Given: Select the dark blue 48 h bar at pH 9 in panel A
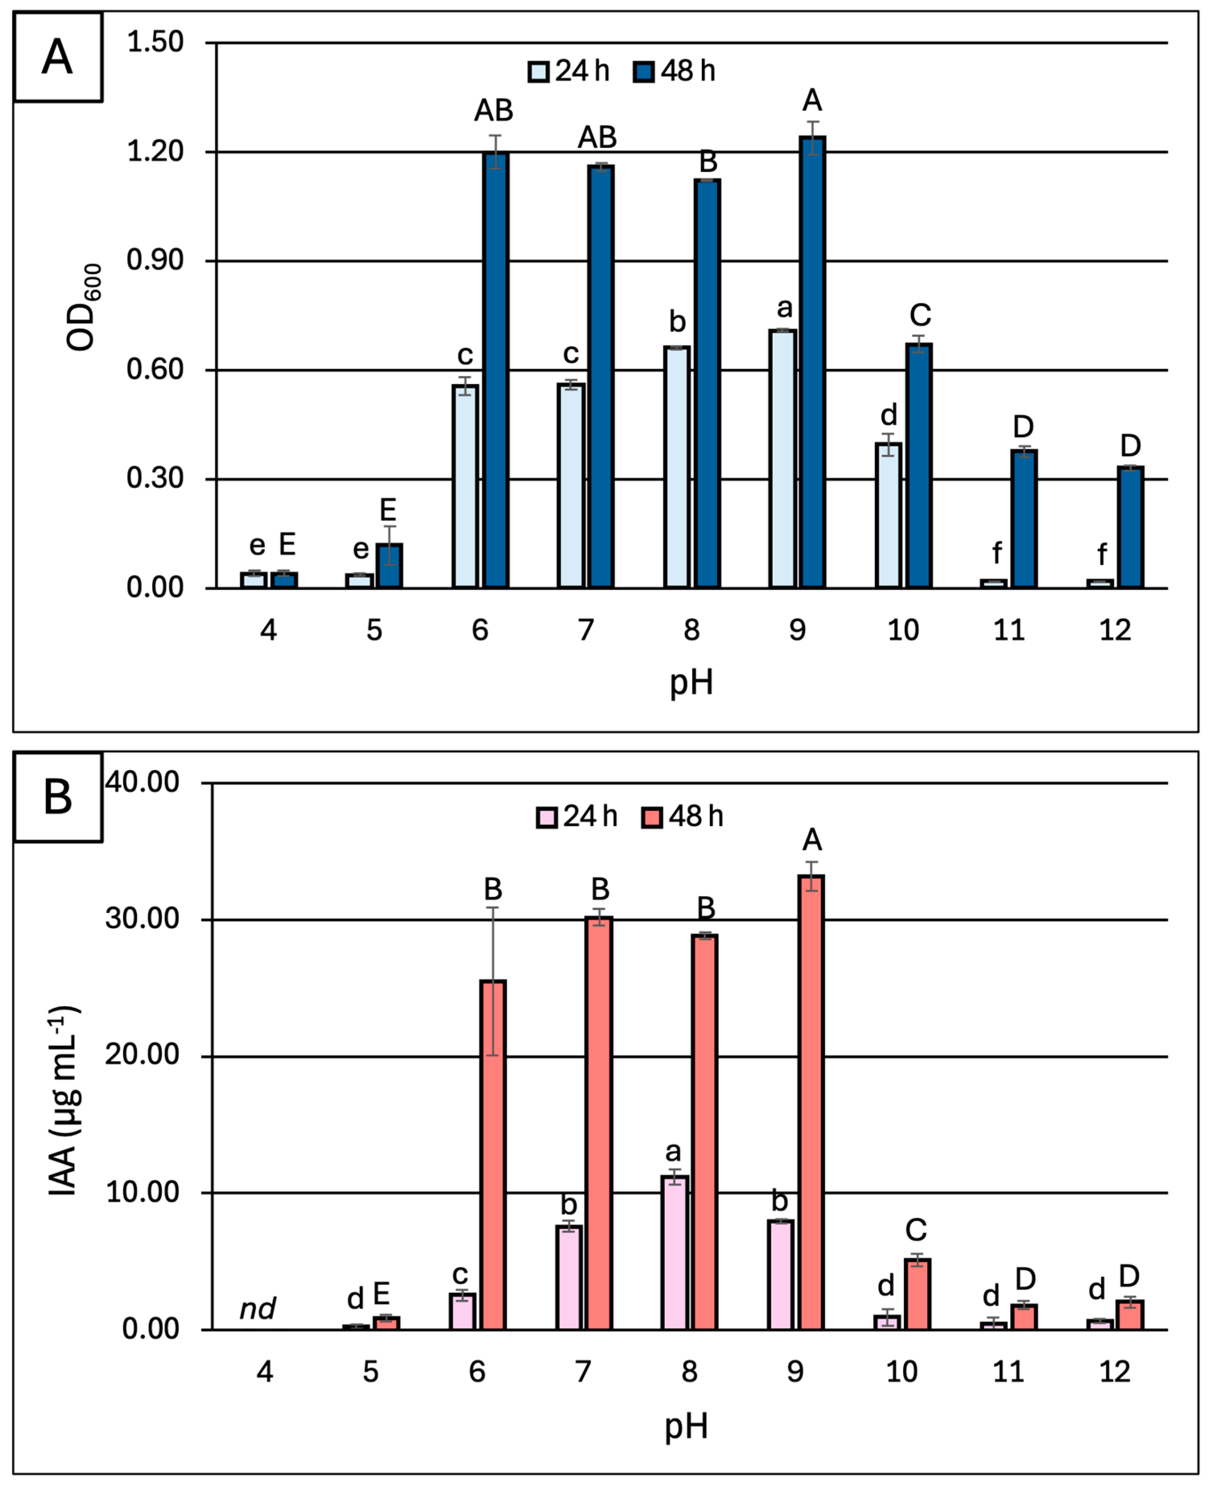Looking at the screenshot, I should point(812,362).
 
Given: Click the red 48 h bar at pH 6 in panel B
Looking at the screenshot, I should point(493,1155).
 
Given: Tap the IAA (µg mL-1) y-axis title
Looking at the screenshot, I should point(64,1100).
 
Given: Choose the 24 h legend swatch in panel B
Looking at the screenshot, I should point(547,816).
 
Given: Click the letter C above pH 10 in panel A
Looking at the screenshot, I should point(920,315).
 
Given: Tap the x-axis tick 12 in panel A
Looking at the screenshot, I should point(1115,630).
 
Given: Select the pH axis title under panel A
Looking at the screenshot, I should point(691,683).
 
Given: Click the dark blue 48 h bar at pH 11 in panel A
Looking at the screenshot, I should point(1024,519).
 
